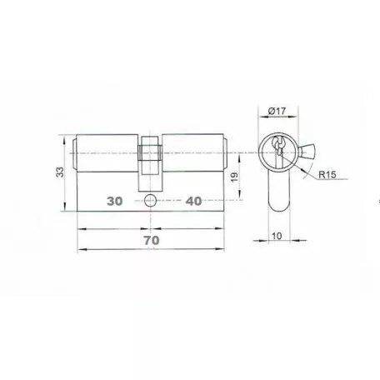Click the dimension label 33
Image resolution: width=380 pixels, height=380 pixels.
pyautogui.click(x=60, y=172)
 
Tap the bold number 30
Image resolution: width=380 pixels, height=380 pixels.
pyautogui.click(x=115, y=201)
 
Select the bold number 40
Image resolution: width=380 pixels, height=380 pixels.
pyautogui.click(x=193, y=201)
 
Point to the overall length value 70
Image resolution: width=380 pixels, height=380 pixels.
pyautogui.click(x=152, y=240)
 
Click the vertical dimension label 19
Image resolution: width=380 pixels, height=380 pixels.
pyautogui.click(x=234, y=177)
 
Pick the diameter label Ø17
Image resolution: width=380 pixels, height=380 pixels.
pyautogui.click(x=277, y=111)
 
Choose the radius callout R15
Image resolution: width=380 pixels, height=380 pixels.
pyautogui.click(x=327, y=174)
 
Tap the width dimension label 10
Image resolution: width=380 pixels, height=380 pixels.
pyautogui.click(x=277, y=236)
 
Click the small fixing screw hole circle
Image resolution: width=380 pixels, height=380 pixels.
pyautogui.click(x=150, y=201)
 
